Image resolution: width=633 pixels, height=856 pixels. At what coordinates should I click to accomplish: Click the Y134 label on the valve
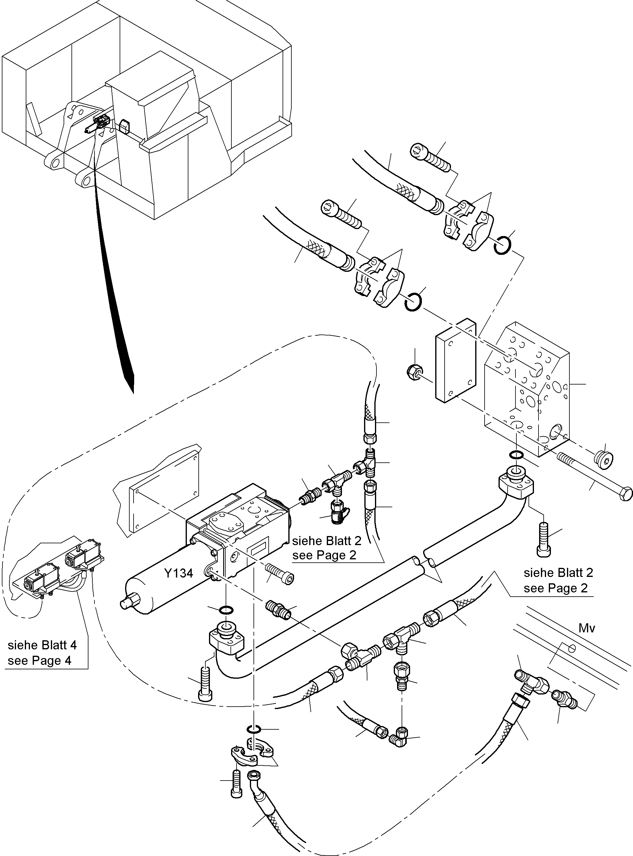point(179,574)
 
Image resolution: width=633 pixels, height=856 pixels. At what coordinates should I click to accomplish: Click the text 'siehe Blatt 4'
point(42,645)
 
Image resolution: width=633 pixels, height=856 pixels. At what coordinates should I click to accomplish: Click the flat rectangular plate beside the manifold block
point(455,360)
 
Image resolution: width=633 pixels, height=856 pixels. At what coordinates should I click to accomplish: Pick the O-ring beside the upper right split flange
point(502,245)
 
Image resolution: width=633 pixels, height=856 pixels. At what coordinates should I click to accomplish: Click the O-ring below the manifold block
point(516,455)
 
